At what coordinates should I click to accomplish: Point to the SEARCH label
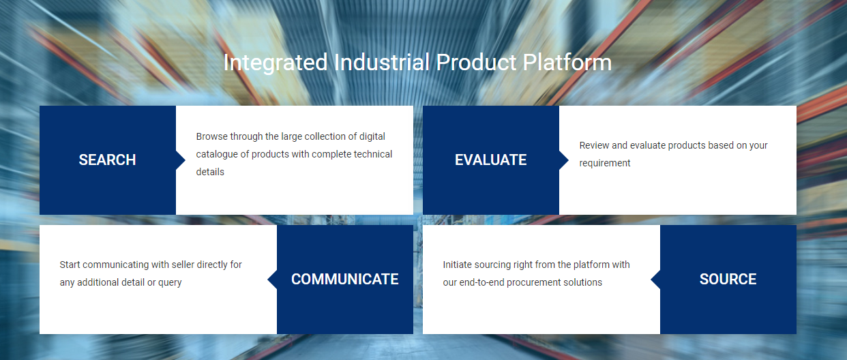(107, 160)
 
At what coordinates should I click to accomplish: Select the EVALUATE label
(490, 160)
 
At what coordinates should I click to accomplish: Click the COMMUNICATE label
(344, 280)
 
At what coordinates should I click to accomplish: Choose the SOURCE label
(728, 280)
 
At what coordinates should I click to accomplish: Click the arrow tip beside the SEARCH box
(181, 160)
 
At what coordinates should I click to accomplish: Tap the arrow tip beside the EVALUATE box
(565, 160)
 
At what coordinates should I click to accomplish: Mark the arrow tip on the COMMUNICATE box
(271, 280)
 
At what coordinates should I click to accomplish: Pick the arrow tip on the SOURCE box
(655, 280)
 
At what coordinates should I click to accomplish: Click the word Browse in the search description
(211, 136)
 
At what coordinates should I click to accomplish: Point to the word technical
(371, 154)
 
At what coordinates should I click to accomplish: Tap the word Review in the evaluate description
(594, 145)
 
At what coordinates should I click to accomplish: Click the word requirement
(605, 163)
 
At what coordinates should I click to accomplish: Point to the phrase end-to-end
(486, 282)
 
